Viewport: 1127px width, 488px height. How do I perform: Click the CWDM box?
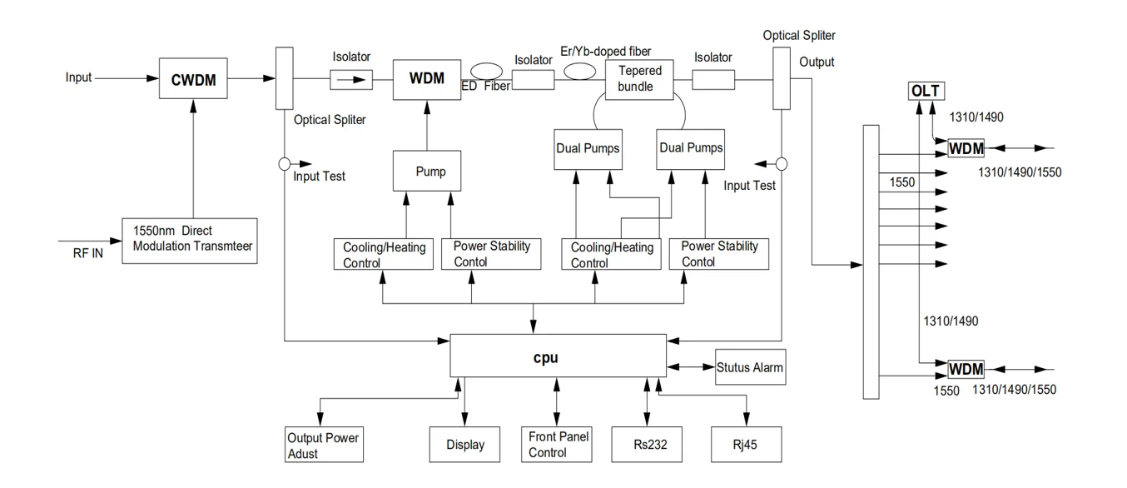pos(193,78)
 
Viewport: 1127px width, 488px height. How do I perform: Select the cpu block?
pos(558,356)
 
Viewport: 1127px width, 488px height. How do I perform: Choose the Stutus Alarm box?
pos(750,367)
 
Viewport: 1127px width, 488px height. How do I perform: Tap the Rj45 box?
pos(747,445)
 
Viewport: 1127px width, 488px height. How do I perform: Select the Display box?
pos(464,445)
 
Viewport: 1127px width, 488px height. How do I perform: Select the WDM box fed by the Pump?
pos(426,79)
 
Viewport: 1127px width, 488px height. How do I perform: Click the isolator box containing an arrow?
pos(351,79)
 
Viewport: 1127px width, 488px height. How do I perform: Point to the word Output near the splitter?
pos(817,62)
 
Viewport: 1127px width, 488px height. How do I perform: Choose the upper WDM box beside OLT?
pos(966,149)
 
